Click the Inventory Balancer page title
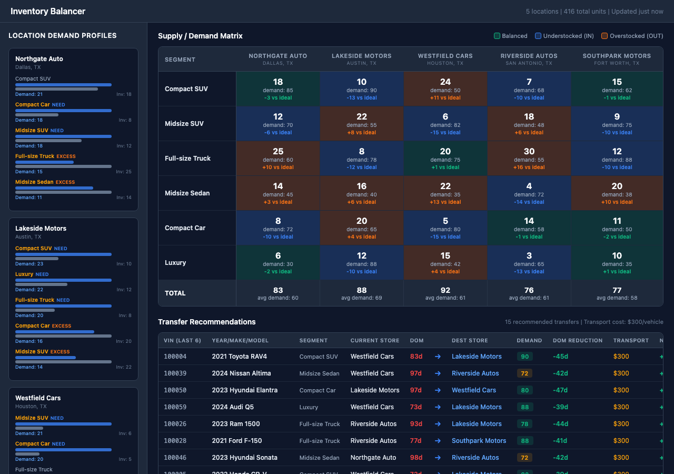(x=48, y=11)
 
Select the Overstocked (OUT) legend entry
(x=632, y=36)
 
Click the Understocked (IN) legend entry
(x=564, y=36)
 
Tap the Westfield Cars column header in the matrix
(x=445, y=56)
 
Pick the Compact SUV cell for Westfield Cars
(x=445, y=89)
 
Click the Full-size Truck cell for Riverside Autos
(x=529, y=159)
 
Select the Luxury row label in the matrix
(x=175, y=263)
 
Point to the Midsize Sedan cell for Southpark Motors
(x=617, y=193)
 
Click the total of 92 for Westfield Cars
(x=445, y=290)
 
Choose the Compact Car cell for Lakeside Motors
(x=361, y=228)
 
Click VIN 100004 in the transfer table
(x=175, y=357)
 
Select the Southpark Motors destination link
(x=479, y=441)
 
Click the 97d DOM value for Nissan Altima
(x=416, y=373)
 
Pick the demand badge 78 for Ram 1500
(x=524, y=424)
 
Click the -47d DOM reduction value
(x=560, y=390)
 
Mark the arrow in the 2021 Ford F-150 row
(x=438, y=441)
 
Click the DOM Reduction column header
(x=577, y=341)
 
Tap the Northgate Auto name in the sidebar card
(x=39, y=59)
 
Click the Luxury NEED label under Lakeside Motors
(x=32, y=274)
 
